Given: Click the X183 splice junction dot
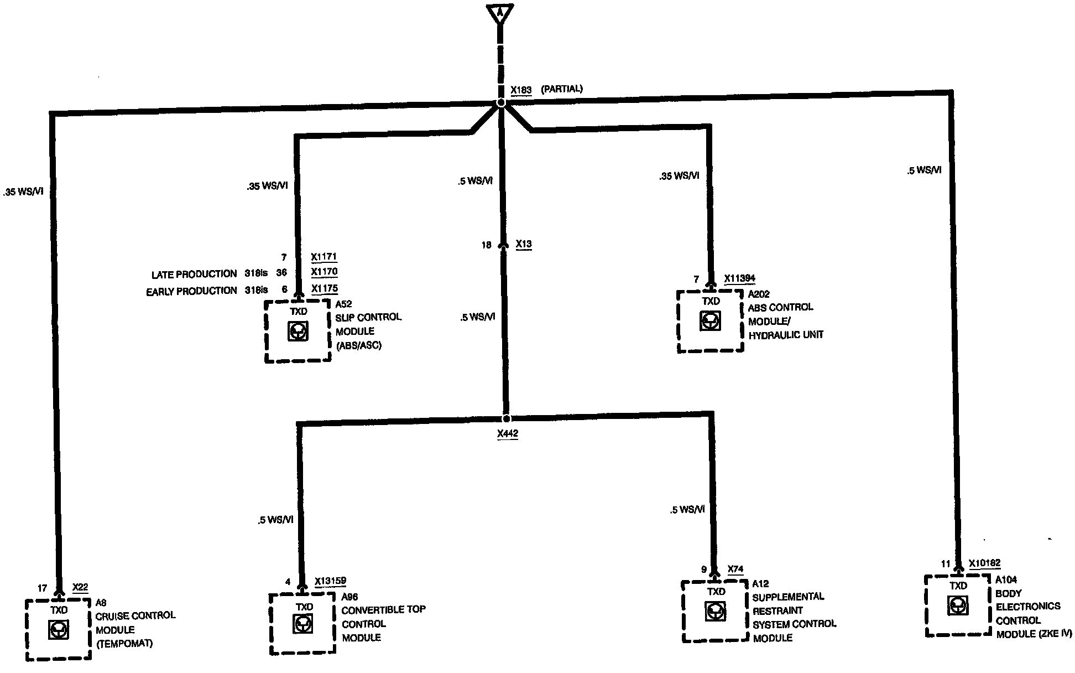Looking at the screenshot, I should tap(501, 103).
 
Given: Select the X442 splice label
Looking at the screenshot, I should tap(507, 434).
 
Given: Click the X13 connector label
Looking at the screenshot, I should tap(523, 244).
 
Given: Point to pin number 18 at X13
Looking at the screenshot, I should tap(486, 245).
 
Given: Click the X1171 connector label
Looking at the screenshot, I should tap(324, 257).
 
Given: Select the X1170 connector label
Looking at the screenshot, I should tap(324, 272).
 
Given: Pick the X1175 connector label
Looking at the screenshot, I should tap(324, 288).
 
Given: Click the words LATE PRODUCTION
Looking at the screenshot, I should tap(194, 275).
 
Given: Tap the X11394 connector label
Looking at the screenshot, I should tap(739, 279).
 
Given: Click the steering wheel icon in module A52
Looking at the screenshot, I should tap(298, 331).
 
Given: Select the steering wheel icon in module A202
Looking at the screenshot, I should tap(710, 320).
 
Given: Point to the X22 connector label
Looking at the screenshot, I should tap(80, 587).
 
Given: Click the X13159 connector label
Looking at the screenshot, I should tap(330, 581).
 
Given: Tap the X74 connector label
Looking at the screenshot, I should tap(735, 569).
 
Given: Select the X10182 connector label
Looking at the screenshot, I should tap(984, 563).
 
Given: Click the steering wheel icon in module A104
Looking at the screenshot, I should tap(957, 605).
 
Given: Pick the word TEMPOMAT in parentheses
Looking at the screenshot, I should tap(124, 644).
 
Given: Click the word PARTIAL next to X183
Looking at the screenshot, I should tap(561, 89).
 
